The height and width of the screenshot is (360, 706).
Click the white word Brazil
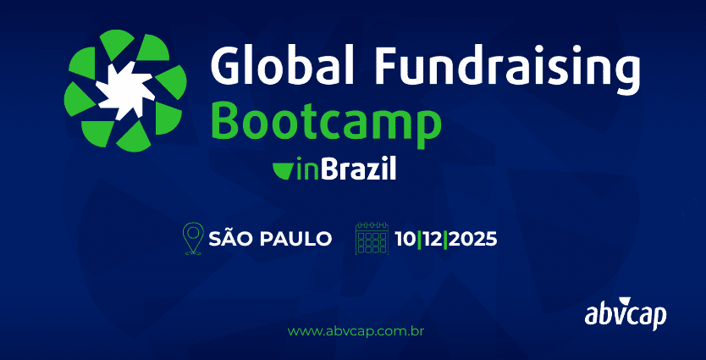coord(358,169)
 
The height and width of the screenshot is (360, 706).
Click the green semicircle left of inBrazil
coord(284,171)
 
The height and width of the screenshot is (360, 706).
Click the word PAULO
coord(296,239)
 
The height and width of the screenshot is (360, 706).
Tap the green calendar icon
coord(372,238)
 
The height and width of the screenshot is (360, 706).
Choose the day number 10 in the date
coord(406,239)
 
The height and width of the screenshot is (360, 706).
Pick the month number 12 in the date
coord(433,239)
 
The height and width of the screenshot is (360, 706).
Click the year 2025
coord(472,239)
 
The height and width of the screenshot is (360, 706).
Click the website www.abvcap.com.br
coord(356,332)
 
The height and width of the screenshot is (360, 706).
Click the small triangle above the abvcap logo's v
coord(624,302)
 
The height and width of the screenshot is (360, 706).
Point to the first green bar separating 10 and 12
coord(419,239)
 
